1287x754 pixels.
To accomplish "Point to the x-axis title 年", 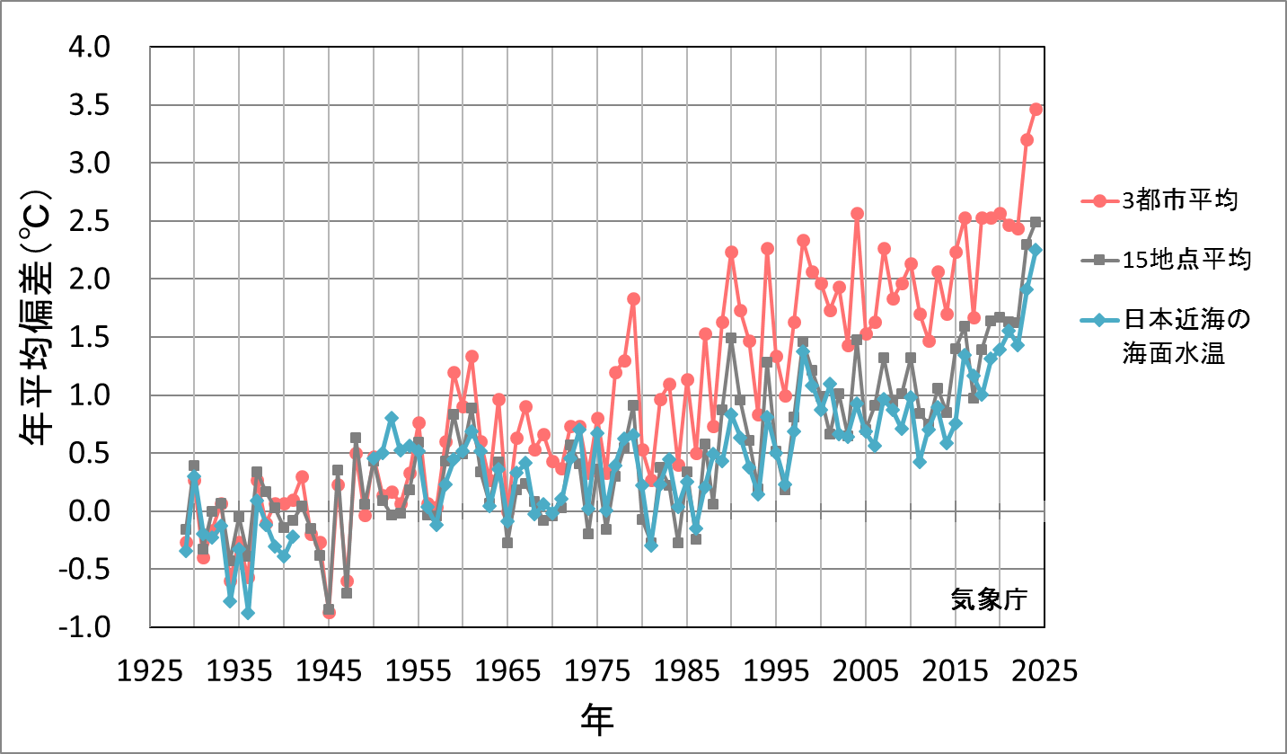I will point(597,718).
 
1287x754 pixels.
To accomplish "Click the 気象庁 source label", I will point(990,599).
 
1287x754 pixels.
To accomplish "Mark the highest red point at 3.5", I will point(1036,109).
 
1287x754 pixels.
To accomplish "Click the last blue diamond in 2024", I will point(1036,251).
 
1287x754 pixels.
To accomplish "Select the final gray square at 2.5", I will point(1036,221).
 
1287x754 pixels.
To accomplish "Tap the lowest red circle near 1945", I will point(329,613).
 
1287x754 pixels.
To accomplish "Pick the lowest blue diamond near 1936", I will point(248,613).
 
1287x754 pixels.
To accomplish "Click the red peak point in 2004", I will point(857,213).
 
